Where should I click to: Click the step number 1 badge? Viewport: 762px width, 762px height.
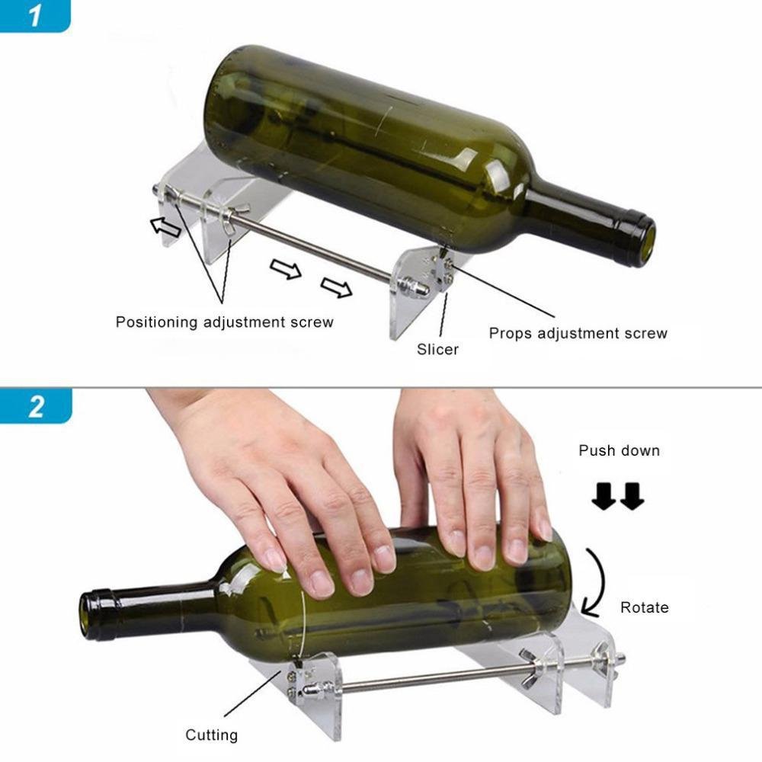click(34, 16)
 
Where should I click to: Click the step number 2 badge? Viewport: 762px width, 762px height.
click(35, 405)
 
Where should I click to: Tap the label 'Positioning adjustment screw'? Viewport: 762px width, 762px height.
click(224, 322)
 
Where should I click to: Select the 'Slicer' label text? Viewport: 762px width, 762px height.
click(437, 350)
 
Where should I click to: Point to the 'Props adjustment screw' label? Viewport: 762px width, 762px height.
click(578, 333)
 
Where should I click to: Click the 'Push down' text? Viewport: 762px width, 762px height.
click(619, 450)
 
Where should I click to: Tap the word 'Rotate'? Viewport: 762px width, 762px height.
click(644, 607)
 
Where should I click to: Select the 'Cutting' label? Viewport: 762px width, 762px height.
click(211, 735)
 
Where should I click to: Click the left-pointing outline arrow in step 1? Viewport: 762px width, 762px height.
click(165, 226)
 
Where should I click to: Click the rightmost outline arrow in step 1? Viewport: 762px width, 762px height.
click(336, 287)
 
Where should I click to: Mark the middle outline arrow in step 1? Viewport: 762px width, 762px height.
click(286, 268)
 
